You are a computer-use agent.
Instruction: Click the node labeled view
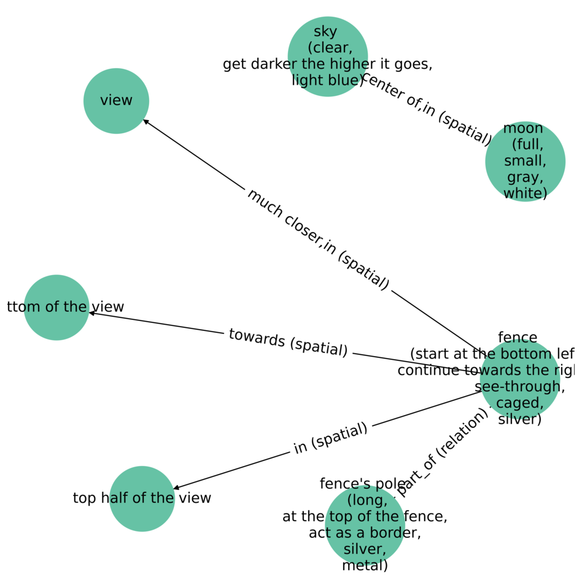tap(116, 101)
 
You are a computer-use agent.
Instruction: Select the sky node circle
tap(327, 56)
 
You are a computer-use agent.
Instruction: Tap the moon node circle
tap(525, 161)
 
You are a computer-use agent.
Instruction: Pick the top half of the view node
tap(142, 499)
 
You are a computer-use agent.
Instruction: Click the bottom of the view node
tap(56, 307)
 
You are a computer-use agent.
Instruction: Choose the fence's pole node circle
tap(365, 525)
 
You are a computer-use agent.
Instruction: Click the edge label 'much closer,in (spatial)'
tap(317, 239)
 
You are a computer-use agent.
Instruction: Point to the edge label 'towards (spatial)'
tap(288, 342)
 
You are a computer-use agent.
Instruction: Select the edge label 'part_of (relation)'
tap(443, 452)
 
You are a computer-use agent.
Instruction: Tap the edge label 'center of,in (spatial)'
tap(427, 110)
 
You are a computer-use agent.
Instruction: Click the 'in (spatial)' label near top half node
tap(330, 438)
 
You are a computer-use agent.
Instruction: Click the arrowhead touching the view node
tap(146, 122)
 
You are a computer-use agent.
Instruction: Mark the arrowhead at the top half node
tap(176, 488)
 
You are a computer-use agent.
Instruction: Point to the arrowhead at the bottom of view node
tap(92, 313)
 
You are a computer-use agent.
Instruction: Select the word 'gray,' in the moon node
tap(525, 177)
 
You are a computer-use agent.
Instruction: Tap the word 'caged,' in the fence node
tap(519, 403)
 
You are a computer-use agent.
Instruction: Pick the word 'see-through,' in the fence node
tap(519, 387)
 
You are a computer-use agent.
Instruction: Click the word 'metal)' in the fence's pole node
tap(365, 565)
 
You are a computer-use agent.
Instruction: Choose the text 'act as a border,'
tap(365, 533)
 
